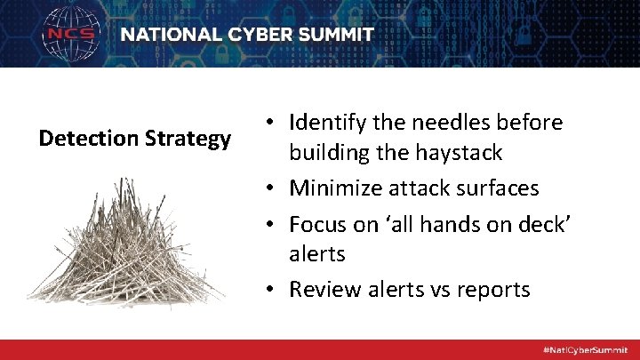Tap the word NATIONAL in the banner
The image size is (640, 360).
coord(170,36)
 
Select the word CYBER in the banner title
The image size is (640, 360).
coord(253,36)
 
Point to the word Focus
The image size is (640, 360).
coord(318,224)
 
